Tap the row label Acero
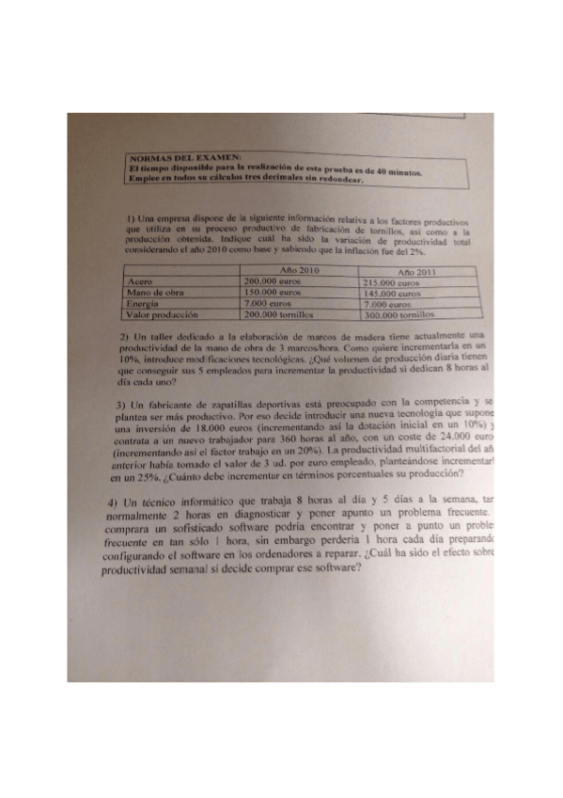140,280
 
